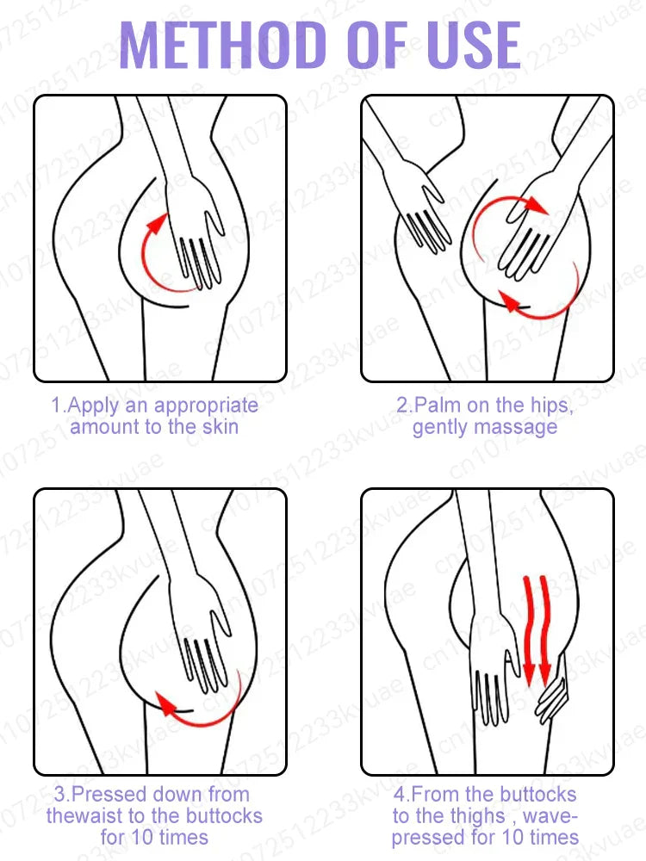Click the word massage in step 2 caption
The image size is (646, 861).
click(x=514, y=427)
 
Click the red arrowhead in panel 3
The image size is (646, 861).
click(x=164, y=703)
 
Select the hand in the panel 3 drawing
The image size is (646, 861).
click(x=202, y=641)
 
